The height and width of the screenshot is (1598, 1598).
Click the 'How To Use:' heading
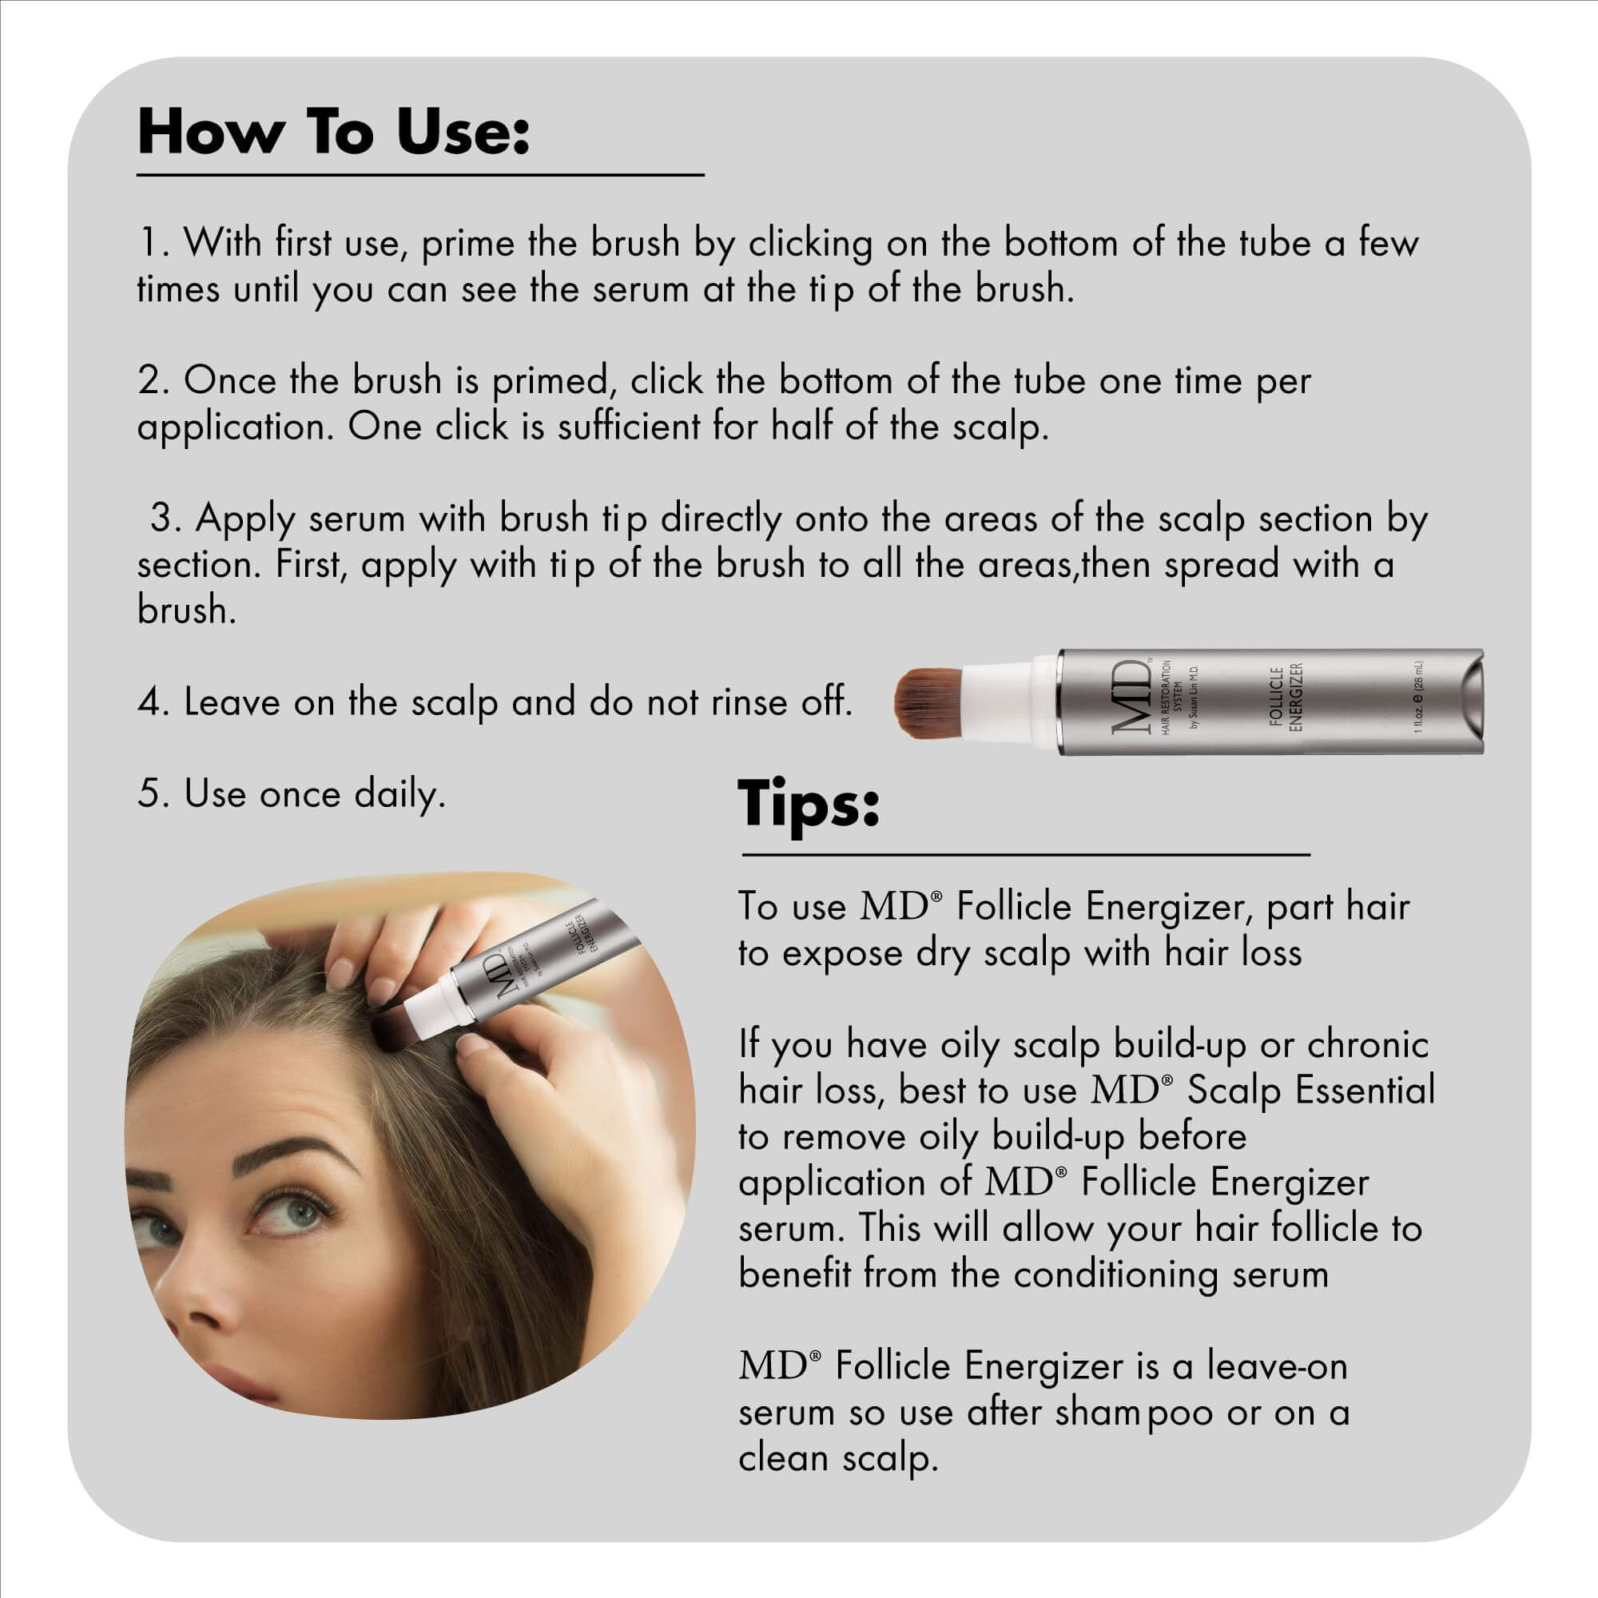332,133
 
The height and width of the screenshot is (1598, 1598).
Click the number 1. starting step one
154,243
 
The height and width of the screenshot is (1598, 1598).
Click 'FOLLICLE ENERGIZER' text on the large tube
1286,700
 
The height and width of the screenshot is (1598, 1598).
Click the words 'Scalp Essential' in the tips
1311,1090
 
